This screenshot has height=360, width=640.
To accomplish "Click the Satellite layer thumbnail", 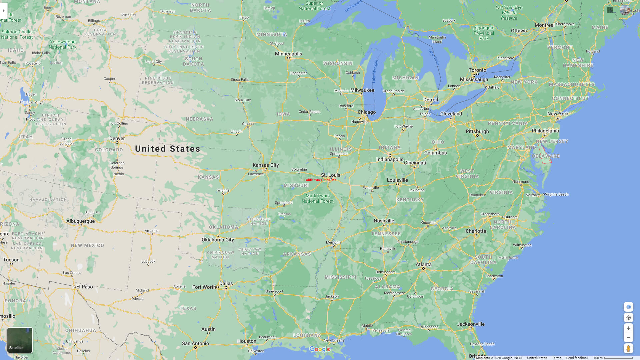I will pyautogui.click(x=20, y=340).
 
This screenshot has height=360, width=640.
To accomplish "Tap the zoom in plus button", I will pyautogui.click(x=628, y=328).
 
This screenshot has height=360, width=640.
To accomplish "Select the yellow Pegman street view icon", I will pyautogui.click(x=628, y=349).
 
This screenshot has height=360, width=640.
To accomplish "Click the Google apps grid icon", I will pyautogui.click(x=610, y=10).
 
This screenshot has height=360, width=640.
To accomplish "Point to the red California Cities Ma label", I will pyautogui.click(x=320, y=180).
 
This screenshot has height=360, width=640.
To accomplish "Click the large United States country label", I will pyautogui.click(x=168, y=149).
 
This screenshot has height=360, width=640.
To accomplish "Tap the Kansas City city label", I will pyautogui.click(x=266, y=165).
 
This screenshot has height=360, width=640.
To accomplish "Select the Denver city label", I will pyautogui.click(x=117, y=138).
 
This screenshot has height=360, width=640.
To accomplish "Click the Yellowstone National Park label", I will pyautogui.click(x=63, y=44).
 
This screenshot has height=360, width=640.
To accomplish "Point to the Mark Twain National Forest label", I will pyautogui.click(x=317, y=198).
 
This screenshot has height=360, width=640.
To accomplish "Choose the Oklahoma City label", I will pyautogui.click(x=218, y=240).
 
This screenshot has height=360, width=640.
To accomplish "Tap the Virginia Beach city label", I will pyautogui.click(x=557, y=194).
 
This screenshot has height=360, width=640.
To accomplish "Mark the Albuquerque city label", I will pyautogui.click(x=80, y=221).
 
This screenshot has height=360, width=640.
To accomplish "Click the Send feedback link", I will pyautogui.click(x=577, y=358).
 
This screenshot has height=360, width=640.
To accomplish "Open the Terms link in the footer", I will pyautogui.click(x=556, y=358).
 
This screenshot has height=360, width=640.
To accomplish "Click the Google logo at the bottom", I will pyautogui.click(x=320, y=349).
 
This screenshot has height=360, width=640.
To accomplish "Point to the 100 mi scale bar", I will pyautogui.click(x=613, y=358).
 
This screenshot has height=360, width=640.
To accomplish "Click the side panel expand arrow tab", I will pyautogui.click(x=3, y=11).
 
